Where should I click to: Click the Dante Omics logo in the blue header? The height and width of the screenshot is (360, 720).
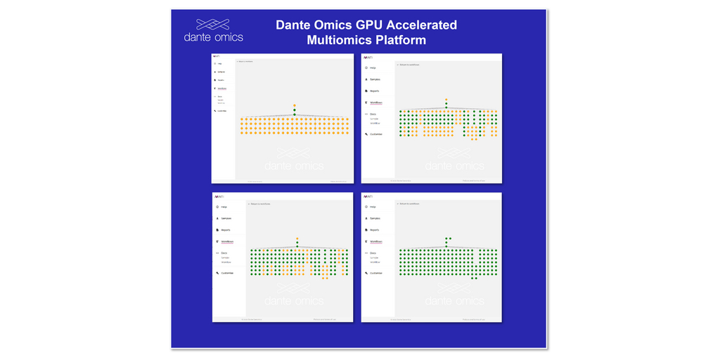pyautogui.click(x=213, y=30)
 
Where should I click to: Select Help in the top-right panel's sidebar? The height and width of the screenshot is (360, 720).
pyautogui.click(x=373, y=68)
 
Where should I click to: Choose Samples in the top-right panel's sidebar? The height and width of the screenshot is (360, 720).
pyautogui.click(x=375, y=79)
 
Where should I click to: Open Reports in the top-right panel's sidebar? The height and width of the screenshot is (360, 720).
pyautogui.click(x=374, y=91)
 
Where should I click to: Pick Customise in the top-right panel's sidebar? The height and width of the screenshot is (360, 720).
pyautogui.click(x=376, y=134)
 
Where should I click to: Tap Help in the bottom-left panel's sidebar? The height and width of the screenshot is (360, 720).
pyautogui.click(x=224, y=207)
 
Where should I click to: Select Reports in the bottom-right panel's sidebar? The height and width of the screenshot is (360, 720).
pyautogui.click(x=374, y=230)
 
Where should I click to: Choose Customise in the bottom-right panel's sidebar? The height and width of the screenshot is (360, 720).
pyautogui.click(x=376, y=273)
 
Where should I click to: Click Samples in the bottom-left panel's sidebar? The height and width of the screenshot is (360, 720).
pyautogui.click(x=226, y=219)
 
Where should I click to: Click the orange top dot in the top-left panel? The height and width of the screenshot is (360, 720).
pyautogui.click(x=295, y=105)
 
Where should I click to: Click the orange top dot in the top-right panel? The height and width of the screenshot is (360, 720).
pyautogui.click(x=446, y=100)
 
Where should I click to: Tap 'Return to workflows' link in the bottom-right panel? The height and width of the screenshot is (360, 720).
pyautogui.click(x=409, y=204)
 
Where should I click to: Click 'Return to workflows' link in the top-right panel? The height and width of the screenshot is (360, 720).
pyautogui.click(x=409, y=65)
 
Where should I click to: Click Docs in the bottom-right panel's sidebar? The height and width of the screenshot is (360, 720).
pyautogui.click(x=373, y=252)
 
